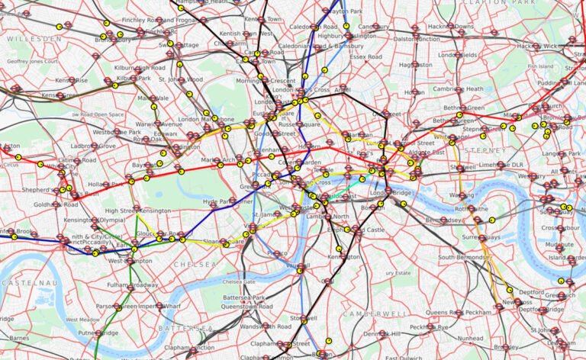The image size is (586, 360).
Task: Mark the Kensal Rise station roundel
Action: point(71,80)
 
